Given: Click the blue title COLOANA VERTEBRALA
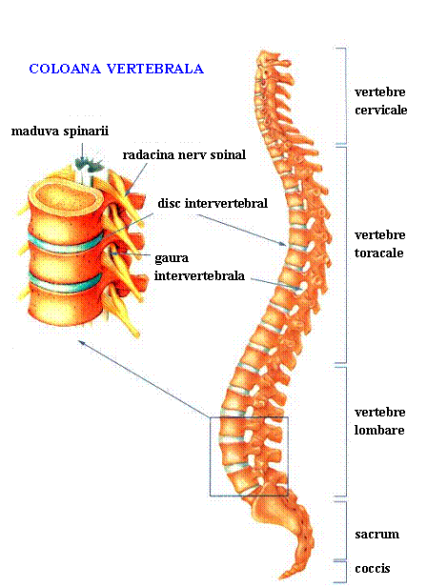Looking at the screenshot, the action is (x=116, y=69).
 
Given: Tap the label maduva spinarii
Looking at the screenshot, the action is (x=60, y=132).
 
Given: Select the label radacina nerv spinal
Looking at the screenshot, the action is (x=184, y=154).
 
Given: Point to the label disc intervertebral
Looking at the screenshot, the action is (x=213, y=203).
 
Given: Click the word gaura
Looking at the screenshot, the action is (x=172, y=258).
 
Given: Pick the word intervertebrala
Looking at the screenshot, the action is (x=199, y=276).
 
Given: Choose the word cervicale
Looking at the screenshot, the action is (x=381, y=111).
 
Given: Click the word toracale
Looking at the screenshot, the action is (x=378, y=253).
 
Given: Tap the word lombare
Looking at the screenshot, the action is (x=379, y=430).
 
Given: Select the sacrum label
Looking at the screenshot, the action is (x=376, y=535).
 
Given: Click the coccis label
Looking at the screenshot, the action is (x=373, y=568).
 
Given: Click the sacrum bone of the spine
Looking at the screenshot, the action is (x=285, y=516).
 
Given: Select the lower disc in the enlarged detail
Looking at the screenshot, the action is (x=65, y=284).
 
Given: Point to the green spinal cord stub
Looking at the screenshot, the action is (x=90, y=163).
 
